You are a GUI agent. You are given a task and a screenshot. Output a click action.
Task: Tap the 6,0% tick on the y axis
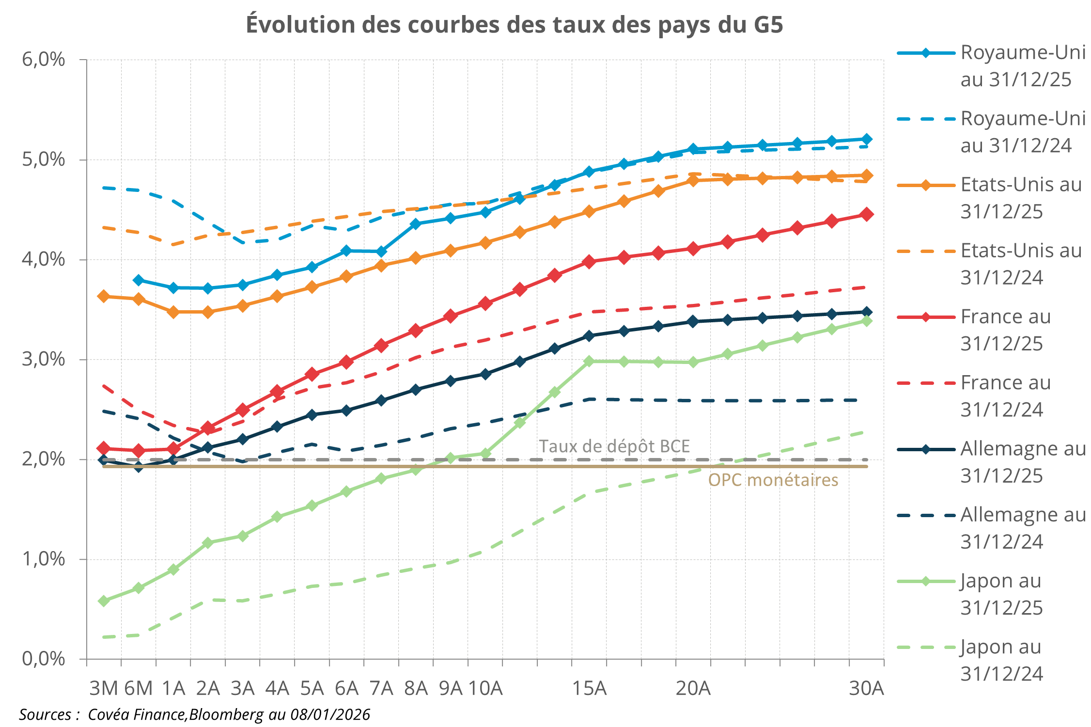44,60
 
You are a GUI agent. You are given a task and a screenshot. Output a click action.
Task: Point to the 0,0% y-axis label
44,659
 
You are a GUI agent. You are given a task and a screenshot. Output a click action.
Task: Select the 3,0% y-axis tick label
44,359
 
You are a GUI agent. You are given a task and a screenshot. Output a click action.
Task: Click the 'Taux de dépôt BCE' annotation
614,446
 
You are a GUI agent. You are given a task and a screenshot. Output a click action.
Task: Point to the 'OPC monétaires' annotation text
773,480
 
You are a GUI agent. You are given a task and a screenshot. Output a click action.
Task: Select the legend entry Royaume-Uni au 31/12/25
1022,66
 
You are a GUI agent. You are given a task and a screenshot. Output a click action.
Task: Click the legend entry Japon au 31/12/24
1001,660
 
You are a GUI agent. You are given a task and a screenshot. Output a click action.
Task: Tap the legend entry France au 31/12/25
1005,330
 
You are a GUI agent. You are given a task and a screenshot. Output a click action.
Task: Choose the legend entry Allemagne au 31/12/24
1022,528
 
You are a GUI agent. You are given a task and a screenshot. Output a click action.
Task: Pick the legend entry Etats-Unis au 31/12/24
1020,264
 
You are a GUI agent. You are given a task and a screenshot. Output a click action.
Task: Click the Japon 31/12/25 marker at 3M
104,601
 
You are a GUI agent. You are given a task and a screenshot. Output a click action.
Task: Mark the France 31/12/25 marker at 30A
867,214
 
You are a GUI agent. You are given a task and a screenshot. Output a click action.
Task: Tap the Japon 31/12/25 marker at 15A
589,361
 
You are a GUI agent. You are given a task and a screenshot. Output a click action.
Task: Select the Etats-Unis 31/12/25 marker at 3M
104,296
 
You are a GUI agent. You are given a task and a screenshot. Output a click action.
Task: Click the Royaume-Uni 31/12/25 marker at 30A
867,139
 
